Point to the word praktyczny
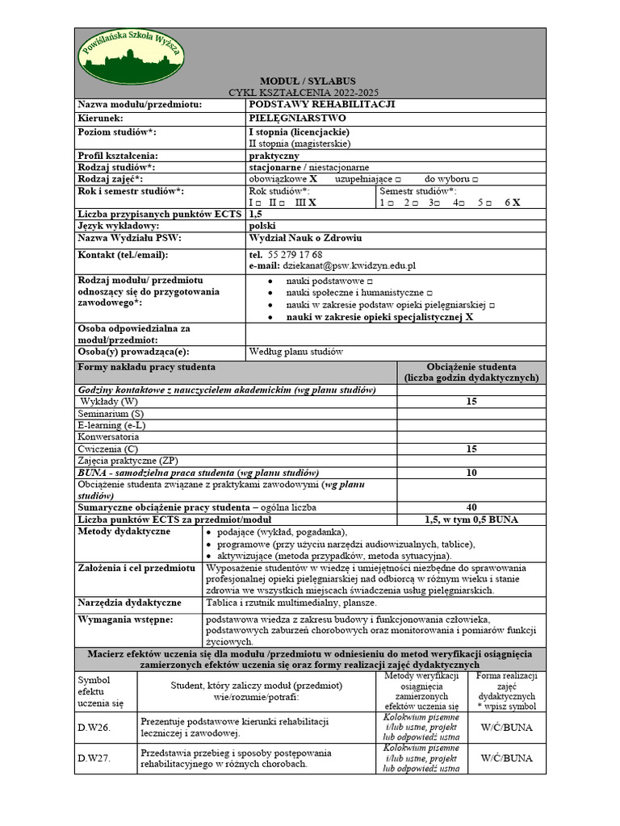[x=274, y=156]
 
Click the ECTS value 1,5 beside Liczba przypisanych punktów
[x=256, y=215]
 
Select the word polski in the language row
[x=262, y=227]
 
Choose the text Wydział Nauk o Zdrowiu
[x=305, y=239]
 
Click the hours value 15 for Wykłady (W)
[x=471, y=402]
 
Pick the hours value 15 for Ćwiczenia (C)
[x=471, y=448]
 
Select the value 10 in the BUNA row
[x=471, y=473]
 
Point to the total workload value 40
[x=471, y=507]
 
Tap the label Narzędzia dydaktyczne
[x=129, y=603]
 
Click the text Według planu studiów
[x=296, y=352]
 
